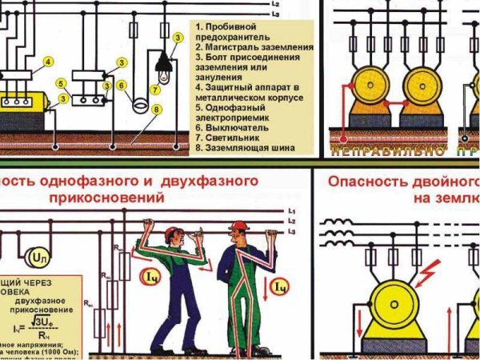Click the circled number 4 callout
coord(48,62)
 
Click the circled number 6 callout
coord(121,85)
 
